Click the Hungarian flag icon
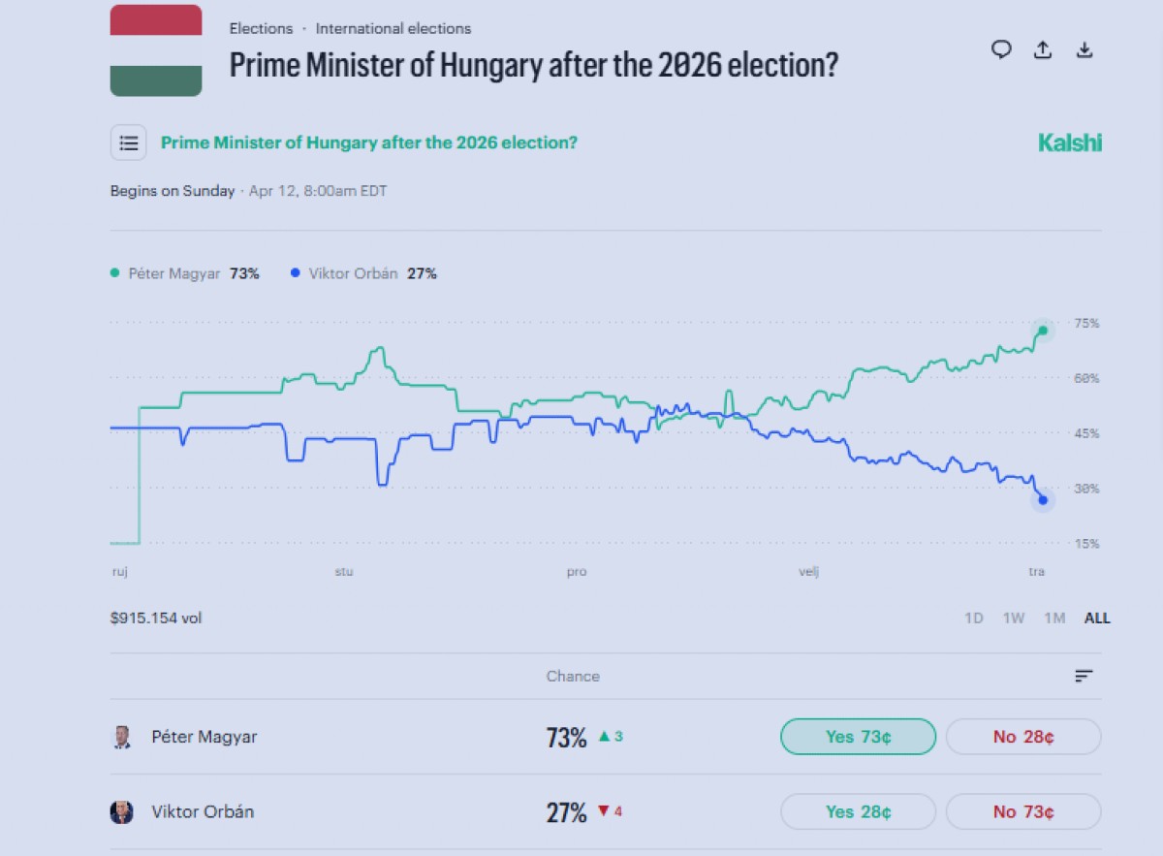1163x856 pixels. [156, 50]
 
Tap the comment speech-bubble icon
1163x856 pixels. [1001, 49]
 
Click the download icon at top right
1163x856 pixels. [1084, 50]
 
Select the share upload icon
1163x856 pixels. [1043, 50]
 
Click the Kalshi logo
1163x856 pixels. [1070, 143]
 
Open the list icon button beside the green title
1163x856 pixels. [129, 143]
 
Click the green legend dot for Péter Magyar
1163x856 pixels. [115, 274]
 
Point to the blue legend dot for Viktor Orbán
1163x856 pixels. [296, 274]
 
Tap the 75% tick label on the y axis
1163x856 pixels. [1087, 324]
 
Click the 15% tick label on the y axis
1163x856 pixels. [1087, 544]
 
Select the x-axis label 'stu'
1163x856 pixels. [344, 572]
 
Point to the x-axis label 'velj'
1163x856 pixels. [808, 572]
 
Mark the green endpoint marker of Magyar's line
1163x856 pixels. [1043, 331]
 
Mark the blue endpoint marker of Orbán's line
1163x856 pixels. [1043, 500]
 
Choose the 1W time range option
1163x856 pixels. [1013, 618]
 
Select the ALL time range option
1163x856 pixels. [1097, 618]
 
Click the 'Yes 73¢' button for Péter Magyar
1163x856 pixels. [858, 737]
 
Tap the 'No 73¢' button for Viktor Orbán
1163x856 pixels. [1023, 811]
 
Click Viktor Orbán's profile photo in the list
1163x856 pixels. [121, 811]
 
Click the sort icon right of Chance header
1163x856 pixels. [1084, 677]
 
